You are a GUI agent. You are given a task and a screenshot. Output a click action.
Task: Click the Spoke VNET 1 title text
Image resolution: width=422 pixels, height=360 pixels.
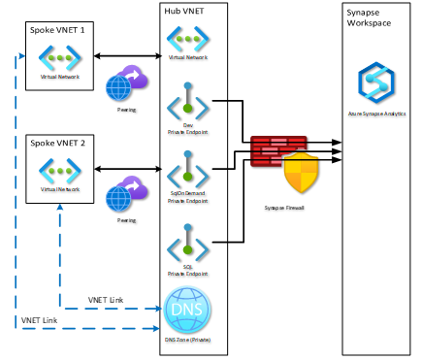click(56, 31)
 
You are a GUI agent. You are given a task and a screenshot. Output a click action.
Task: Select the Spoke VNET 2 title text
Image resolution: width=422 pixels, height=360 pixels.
click(56, 143)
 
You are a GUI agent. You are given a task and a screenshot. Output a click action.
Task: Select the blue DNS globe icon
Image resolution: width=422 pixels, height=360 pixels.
click(188, 310)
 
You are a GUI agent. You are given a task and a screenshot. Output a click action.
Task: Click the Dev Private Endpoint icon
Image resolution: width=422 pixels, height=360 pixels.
click(188, 100)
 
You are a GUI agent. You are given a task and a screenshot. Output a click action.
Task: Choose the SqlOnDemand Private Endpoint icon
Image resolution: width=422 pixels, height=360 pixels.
click(188, 172)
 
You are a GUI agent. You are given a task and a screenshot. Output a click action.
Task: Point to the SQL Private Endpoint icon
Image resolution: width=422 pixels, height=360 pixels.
click(188, 242)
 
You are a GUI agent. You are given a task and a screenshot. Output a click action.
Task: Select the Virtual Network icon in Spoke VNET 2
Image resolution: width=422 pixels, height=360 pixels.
click(60, 171)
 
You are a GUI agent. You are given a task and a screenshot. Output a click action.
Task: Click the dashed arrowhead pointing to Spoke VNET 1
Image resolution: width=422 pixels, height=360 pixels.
click(22, 55)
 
